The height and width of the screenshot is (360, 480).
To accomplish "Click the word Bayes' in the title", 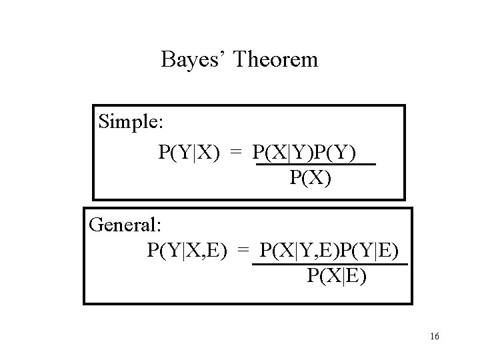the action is [x=194, y=61].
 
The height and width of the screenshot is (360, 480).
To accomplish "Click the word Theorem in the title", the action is [x=276, y=61].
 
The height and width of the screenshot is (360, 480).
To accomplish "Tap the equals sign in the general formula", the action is [x=243, y=251].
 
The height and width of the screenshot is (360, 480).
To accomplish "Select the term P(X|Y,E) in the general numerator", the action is [x=297, y=251].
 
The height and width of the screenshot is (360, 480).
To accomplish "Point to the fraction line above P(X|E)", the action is [x=330, y=264].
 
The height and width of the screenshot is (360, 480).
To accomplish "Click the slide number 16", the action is [x=435, y=337].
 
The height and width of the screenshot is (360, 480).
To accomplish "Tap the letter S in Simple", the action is [x=103, y=122].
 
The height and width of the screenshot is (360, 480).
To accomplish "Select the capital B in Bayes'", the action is [x=167, y=61].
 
